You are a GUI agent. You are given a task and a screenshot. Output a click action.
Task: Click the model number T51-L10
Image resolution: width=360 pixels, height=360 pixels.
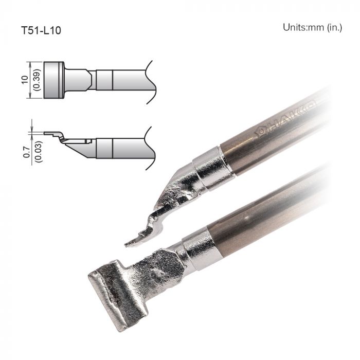click(x=41, y=30)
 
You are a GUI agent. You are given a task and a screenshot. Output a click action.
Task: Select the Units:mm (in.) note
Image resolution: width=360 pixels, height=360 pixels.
click(x=312, y=27)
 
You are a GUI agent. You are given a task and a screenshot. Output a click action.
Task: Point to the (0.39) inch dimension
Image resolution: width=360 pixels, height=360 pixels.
click(x=37, y=80)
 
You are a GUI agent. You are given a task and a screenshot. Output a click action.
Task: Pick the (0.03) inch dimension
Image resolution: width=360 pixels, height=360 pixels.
click(x=37, y=148)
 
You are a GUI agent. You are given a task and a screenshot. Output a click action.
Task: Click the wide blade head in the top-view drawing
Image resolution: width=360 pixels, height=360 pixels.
click(x=53, y=80)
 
